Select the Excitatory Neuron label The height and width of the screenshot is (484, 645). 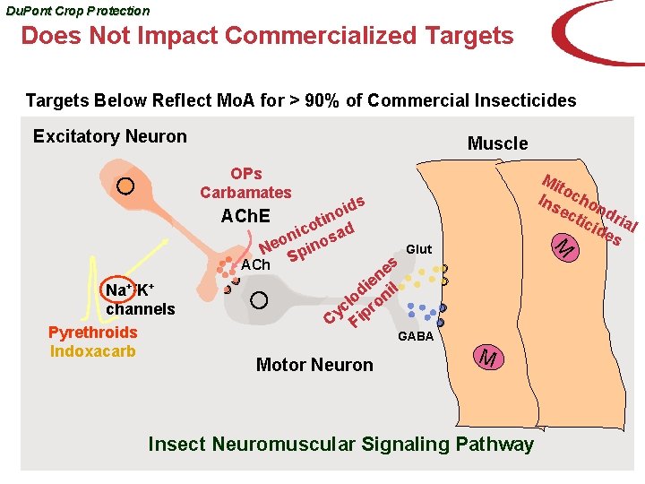pos(109,136)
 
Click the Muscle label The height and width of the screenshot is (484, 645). pos(497,143)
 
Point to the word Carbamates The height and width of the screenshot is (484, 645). pos(245,192)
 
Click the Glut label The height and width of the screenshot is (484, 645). pos(418,249)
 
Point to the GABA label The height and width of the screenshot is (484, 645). pos(415,336)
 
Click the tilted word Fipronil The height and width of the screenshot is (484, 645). pos(374,304)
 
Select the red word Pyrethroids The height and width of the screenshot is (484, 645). pos(93,333)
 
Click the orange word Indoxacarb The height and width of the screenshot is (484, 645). pos(93,350)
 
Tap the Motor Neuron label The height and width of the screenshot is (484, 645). pos(314,365)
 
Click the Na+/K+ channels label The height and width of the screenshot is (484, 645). pos(139,300)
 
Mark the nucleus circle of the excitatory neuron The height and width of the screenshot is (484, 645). pos(126,186)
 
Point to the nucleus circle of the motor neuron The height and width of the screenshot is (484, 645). pos(259,299)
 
